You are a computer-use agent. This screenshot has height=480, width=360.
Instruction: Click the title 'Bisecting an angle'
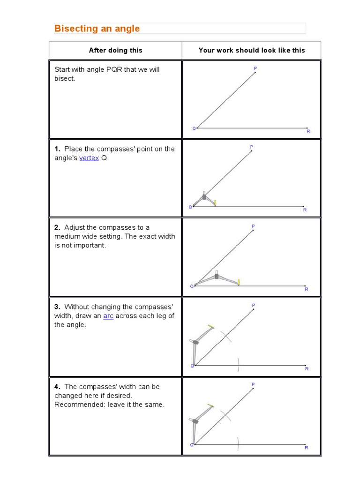[x=97, y=29]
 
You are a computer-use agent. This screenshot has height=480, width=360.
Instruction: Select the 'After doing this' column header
[x=116, y=50]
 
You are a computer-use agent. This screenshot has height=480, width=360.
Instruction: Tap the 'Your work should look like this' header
[x=252, y=50]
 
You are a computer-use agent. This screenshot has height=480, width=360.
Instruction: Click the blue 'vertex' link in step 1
[x=89, y=158]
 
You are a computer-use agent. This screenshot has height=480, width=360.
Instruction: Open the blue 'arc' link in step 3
[x=108, y=316]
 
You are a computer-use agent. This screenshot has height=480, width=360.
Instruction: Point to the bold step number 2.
[x=57, y=227]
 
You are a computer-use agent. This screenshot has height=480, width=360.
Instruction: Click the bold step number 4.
[x=57, y=387]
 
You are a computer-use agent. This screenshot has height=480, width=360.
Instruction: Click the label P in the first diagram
[x=255, y=68]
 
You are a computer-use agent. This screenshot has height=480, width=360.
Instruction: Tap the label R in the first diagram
[x=308, y=131]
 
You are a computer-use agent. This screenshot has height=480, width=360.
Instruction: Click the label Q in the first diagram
[x=194, y=128]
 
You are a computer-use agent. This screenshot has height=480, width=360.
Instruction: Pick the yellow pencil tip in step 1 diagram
[x=215, y=203]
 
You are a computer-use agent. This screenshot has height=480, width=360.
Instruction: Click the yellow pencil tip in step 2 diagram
[x=239, y=282]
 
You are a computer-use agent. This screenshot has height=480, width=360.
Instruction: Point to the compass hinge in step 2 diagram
[x=217, y=276]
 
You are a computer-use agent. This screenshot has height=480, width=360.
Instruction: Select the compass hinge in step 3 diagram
[x=195, y=342]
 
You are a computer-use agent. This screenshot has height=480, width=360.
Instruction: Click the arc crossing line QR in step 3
[x=239, y=364]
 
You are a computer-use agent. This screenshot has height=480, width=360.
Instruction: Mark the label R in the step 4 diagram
[x=306, y=448]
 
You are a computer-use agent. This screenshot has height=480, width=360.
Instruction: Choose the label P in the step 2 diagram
[x=253, y=226]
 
